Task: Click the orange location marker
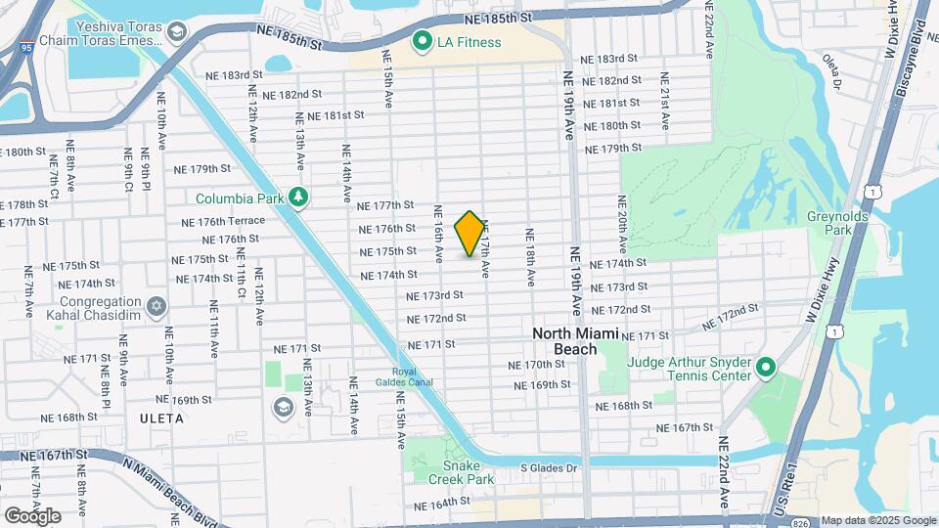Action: (469, 234)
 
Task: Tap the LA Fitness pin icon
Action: (423, 41)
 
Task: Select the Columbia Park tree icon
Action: (297, 198)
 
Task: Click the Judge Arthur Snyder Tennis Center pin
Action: (766, 369)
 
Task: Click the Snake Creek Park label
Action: (461, 472)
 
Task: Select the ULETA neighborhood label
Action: (161, 418)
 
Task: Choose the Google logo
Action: (32, 515)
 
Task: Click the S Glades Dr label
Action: (549, 468)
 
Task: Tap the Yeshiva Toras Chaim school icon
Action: (176, 33)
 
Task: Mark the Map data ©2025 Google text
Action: (877, 520)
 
